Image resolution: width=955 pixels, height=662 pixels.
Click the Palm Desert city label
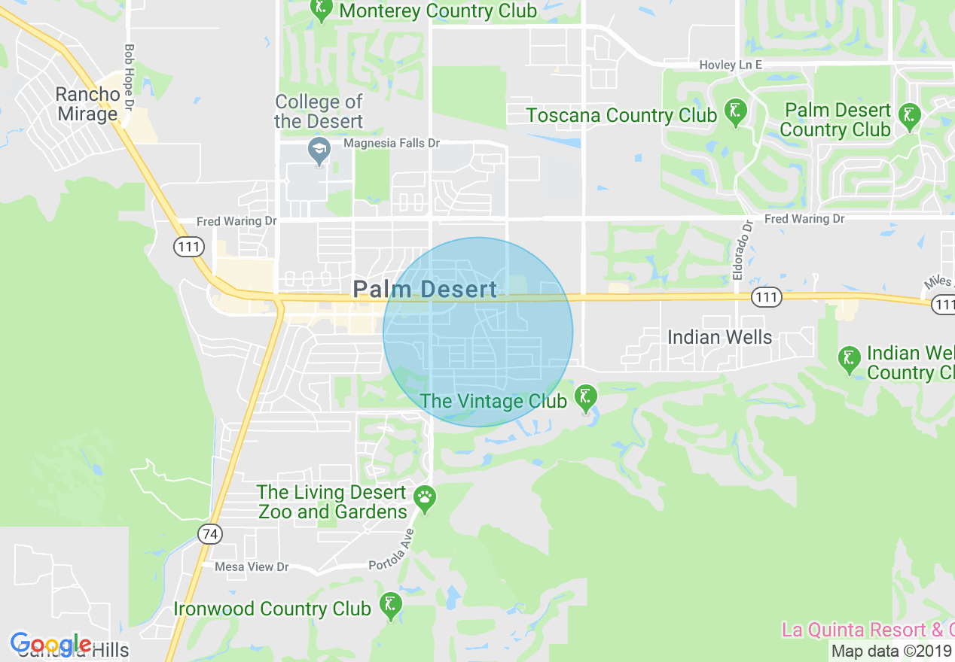(x=425, y=289)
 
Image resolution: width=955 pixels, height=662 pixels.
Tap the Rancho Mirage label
(x=87, y=104)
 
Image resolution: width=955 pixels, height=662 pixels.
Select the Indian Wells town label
(x=719, y=337)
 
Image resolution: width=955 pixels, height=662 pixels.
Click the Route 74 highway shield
(x=211, y=534)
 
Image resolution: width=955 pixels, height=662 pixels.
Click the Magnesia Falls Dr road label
(x=391, y=143)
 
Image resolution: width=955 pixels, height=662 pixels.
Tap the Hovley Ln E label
(x=730, y=65)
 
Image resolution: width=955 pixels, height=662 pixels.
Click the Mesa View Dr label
(x=252, y=566)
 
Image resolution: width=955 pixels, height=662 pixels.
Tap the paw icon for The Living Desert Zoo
(x=426, y=497)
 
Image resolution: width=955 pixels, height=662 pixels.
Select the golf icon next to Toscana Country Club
(x=735, y=111)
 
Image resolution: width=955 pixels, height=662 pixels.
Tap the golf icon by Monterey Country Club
(x=322, y=9)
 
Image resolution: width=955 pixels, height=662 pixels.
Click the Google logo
(x=51, y=644)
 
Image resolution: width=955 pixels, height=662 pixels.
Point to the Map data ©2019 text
(x=891, y=651)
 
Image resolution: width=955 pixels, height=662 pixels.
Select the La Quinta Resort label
(x=866, y=630)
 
